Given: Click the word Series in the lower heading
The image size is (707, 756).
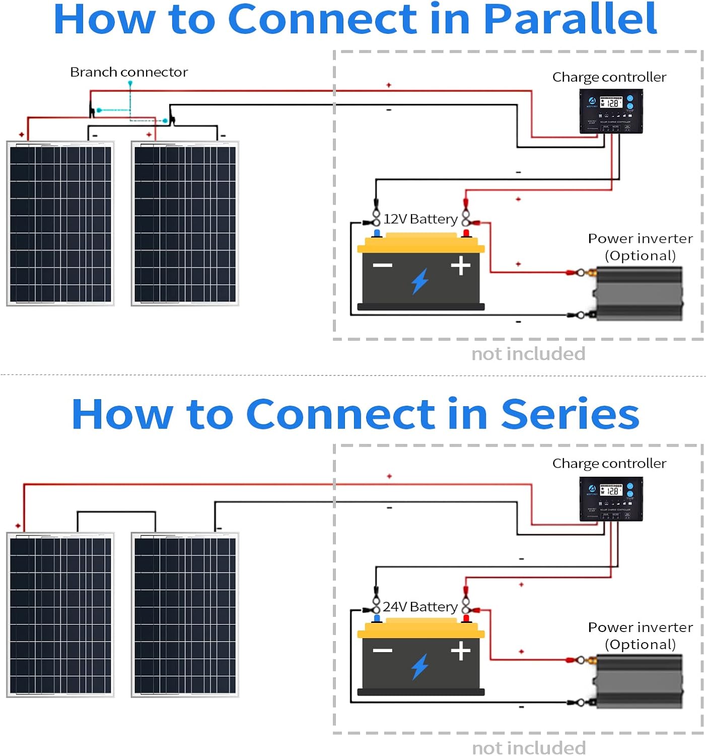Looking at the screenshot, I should (570, 414).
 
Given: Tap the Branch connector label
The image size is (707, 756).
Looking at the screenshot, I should (129, 72).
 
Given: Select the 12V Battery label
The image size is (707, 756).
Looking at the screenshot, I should (420, 219).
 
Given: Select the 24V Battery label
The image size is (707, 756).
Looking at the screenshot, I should (420, 607).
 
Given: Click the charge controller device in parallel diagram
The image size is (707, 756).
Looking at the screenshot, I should (611, 111).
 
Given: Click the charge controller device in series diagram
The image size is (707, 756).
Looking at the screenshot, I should (611, 499).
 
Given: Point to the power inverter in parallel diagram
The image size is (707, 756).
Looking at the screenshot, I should (639, 294).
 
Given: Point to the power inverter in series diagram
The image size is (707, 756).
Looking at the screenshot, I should (639, 681).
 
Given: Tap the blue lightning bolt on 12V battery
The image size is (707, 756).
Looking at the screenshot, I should (419, 281).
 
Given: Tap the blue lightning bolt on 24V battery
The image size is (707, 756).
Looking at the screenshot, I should (419, 666).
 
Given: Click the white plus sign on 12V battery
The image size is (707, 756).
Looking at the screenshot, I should (460, 266).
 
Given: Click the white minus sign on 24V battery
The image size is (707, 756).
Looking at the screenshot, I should (382, 651).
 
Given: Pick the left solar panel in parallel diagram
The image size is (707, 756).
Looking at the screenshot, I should (60, 223).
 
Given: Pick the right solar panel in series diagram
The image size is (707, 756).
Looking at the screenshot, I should (185, 615).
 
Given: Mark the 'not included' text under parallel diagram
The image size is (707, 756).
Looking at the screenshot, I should (528, 354).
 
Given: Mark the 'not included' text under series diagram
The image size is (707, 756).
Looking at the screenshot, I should (528, 748).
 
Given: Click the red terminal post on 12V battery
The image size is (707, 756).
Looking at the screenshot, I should (466, 233).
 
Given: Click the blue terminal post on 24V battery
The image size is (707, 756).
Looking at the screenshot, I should (377, 618).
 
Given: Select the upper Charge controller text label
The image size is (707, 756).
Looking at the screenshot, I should (609, 77).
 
